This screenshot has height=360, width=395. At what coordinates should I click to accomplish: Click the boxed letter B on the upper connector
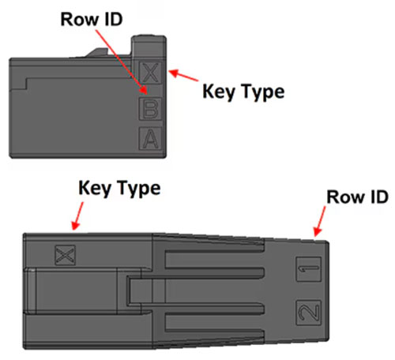150,109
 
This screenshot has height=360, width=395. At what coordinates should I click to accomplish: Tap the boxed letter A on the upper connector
150,138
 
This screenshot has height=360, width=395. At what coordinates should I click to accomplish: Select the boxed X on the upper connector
150,73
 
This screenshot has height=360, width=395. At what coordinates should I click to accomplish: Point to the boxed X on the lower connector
65,255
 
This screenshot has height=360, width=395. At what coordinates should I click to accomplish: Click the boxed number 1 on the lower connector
309,269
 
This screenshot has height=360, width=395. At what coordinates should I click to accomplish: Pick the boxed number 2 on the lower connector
309,313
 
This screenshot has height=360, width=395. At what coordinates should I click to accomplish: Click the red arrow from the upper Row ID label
122,62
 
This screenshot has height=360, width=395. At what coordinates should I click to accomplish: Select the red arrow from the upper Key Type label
183,75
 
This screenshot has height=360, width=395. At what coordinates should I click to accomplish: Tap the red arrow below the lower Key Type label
77,216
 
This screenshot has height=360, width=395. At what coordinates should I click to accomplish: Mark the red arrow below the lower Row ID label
320,221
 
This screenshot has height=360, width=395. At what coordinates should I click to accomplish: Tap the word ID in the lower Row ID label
379,197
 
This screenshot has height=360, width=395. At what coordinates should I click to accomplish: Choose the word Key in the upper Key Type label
219,92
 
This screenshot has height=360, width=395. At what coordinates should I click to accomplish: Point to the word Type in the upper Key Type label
262,92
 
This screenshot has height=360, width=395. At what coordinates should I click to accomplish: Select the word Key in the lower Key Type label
95,189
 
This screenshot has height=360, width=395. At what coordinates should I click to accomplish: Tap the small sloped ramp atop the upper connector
97,52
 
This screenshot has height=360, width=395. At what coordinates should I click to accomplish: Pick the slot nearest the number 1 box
214,260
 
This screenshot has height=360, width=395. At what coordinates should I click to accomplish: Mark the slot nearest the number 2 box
214,322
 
